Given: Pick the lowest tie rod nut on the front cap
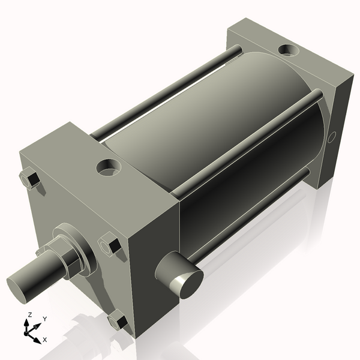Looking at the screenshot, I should [117, 322].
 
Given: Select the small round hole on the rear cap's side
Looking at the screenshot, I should [332, 137].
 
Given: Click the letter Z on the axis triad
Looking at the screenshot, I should [30, 314].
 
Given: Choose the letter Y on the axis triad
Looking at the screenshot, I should [44, 319].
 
